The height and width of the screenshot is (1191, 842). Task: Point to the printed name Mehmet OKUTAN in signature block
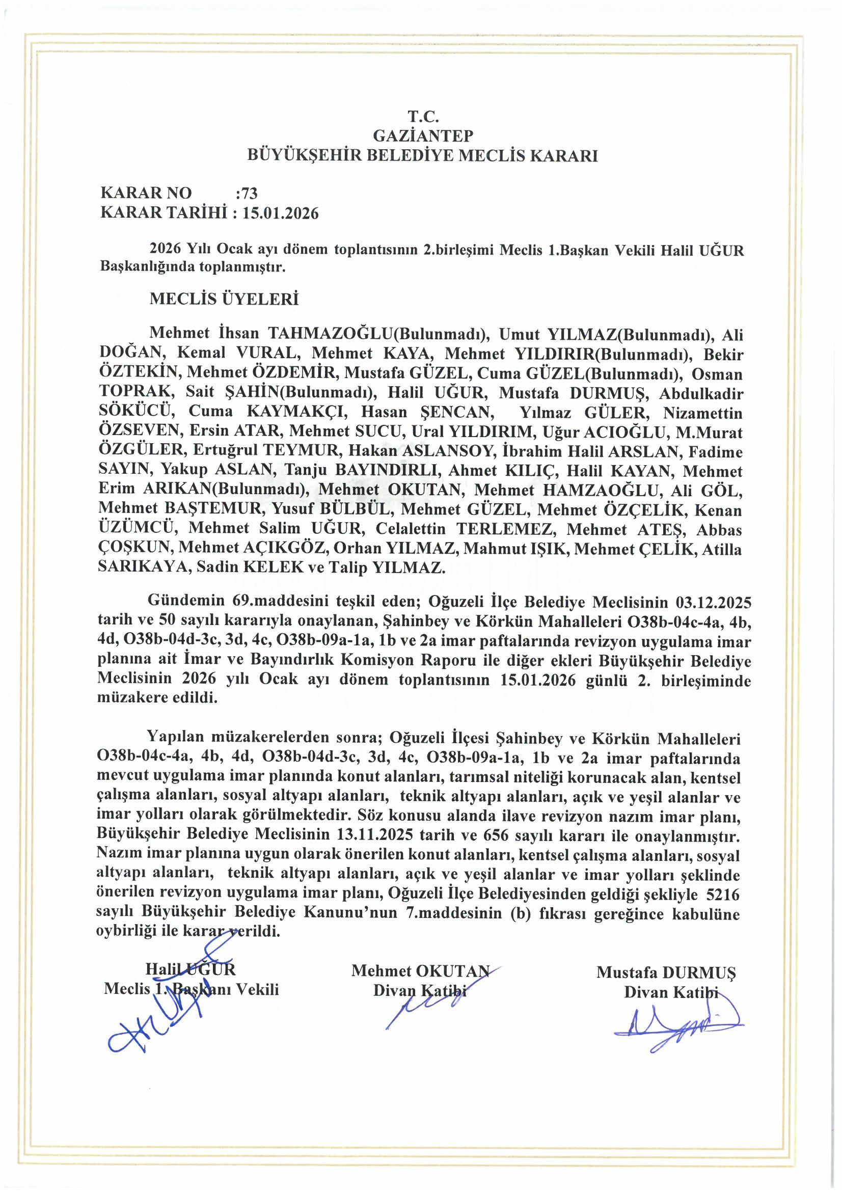click(x=420, y=971)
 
